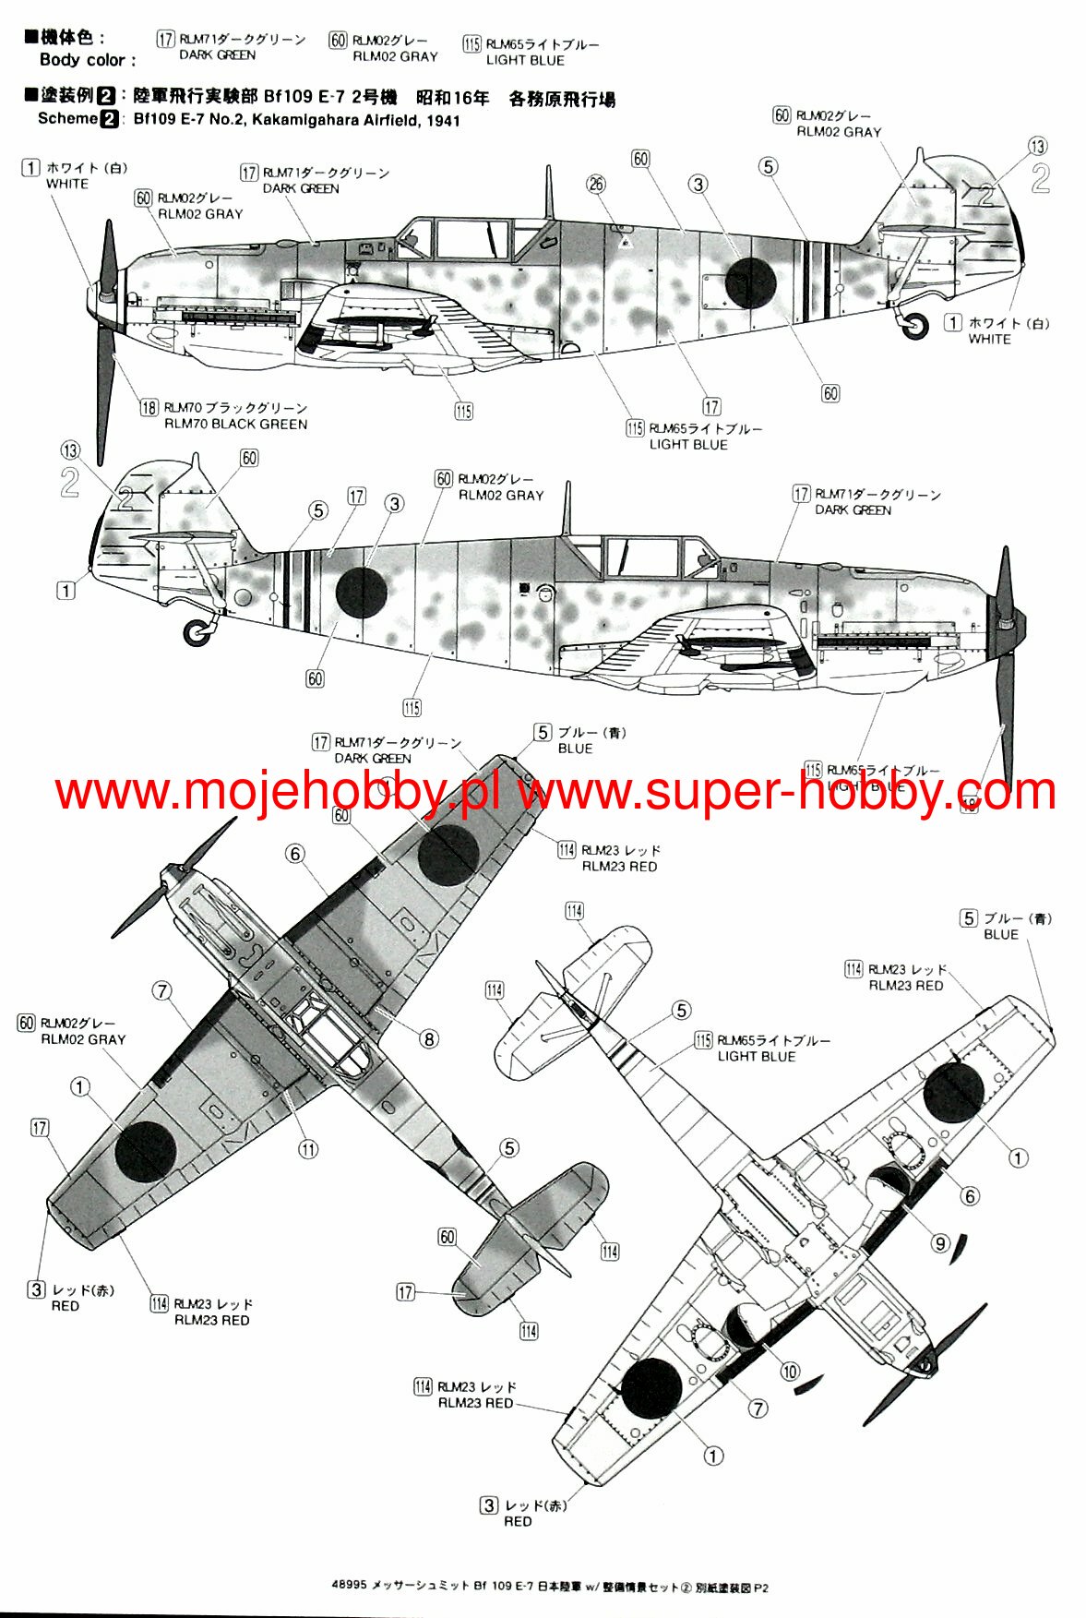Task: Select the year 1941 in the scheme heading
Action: [x=442, y=120]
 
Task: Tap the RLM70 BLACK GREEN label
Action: [x=235, y=424]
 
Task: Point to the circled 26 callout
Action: [x=596, y=185]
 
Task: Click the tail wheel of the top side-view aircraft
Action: [x=914, y=325]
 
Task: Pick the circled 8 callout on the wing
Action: [x=428, y=1039]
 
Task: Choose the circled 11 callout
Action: [x=308, y=1149]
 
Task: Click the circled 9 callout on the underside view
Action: [x=940, y=1243]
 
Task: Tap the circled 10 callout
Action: [x=790, y=1372]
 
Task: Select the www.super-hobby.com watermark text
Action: [x=786, y=792]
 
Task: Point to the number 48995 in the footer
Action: [x=349, y=1588]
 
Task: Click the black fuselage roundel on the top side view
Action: [x=749, y=282]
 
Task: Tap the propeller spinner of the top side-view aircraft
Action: [x=97, y=297]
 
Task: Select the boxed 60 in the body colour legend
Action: [x=338, y=41]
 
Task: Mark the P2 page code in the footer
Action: [x=760, y=1588]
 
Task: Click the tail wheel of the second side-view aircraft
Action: [x=196, y=632]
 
